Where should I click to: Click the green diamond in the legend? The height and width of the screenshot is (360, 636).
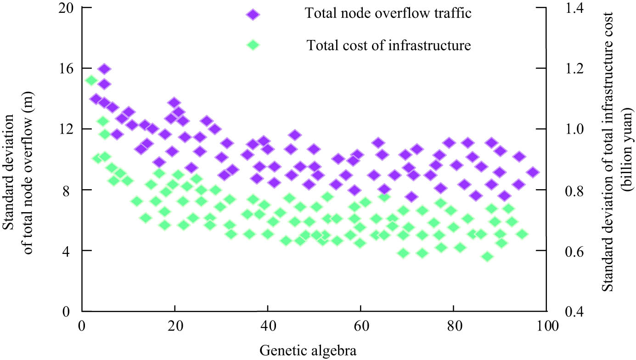pyautogui.click(x=253, y=45)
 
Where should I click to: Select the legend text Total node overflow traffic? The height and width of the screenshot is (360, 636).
pyautogui.click(x=388, y=13)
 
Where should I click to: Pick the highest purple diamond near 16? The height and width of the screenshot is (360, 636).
pyautogui.click(x=104, y=69)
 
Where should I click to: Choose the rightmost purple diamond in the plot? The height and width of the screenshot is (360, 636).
pyautogui.click(x=533, y=173)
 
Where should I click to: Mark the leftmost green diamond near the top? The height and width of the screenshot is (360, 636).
pyautogui.click(x=91, y=80)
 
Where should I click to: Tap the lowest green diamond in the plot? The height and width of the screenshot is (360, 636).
pyautogui.click(x=488, y=257)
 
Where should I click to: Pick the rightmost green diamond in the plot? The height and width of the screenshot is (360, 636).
pyautogui.click(x=522, y=234)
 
